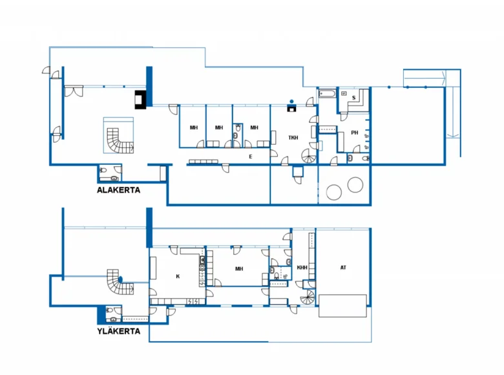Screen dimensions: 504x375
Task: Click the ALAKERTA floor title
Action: pos(119,190)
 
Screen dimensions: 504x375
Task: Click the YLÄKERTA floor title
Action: pos(119,331)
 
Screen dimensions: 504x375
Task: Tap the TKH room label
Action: pos(293,138)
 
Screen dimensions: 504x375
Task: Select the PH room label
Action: pos(355,133)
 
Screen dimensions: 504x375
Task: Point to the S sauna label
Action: pos(354,98)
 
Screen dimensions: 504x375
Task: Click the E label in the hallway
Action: pos(251,156)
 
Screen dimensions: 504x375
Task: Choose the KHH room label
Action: pos(302,268)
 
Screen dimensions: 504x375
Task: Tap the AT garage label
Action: pos(343,268)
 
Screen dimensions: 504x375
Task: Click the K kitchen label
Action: pos(178,276)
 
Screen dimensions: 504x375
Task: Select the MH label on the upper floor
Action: pos(239,268)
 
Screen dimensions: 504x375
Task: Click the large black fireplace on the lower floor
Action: pos(140,100)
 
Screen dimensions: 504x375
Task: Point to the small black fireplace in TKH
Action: pos(291,108)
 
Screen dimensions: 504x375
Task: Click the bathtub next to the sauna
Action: pos(327,94)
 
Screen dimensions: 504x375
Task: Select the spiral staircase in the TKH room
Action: pos(309,156)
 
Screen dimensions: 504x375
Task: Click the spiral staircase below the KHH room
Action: pos(308,297)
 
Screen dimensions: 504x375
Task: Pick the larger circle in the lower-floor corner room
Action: pos(334,192)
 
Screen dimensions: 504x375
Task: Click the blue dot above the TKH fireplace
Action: pos(291,102)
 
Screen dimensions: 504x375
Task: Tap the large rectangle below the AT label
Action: pos(342,306)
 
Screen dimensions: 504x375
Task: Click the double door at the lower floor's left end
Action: pos(74,91)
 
